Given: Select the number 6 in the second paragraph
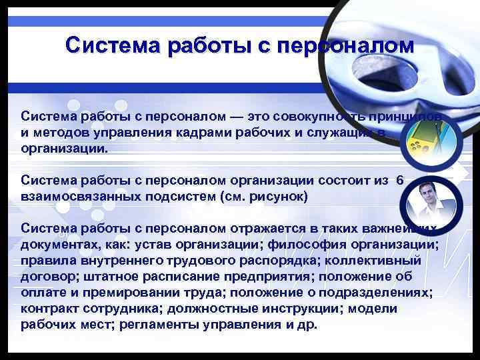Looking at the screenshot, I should (399, 180).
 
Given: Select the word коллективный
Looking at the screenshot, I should (397, 261).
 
